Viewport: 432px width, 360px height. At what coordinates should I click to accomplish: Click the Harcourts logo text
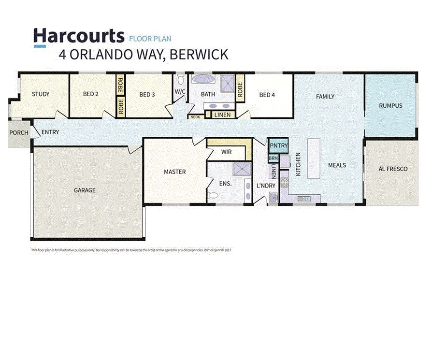(x=78, y=36)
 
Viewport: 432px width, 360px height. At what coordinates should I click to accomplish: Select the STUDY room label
(x=41, y=94)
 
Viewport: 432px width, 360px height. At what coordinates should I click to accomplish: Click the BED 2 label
(x=90, y=94)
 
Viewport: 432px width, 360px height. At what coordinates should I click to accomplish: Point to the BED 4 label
(x=267, y=95)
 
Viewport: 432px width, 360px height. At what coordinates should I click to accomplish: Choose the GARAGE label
(x=85, y=190)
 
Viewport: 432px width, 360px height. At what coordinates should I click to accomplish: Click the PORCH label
(x=19, y=133)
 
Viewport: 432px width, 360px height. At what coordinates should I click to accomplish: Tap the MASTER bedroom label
(x=174, y=172)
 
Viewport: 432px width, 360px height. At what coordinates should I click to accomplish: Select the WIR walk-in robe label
(x=227, y=152)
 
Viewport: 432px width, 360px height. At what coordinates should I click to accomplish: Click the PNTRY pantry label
(x=278, y=145)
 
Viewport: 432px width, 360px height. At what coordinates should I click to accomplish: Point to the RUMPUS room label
(x=390, y=105)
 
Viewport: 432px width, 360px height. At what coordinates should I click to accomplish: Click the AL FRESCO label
(x=393, y=169)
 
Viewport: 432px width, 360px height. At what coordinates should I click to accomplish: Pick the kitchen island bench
(x=314, y=158)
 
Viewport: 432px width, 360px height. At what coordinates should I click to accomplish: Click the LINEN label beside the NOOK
(x=222, y=115)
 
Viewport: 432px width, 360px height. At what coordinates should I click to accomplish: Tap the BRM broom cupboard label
(x=274, y=159)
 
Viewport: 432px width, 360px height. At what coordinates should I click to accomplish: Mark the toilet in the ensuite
(x=213, y=195)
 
